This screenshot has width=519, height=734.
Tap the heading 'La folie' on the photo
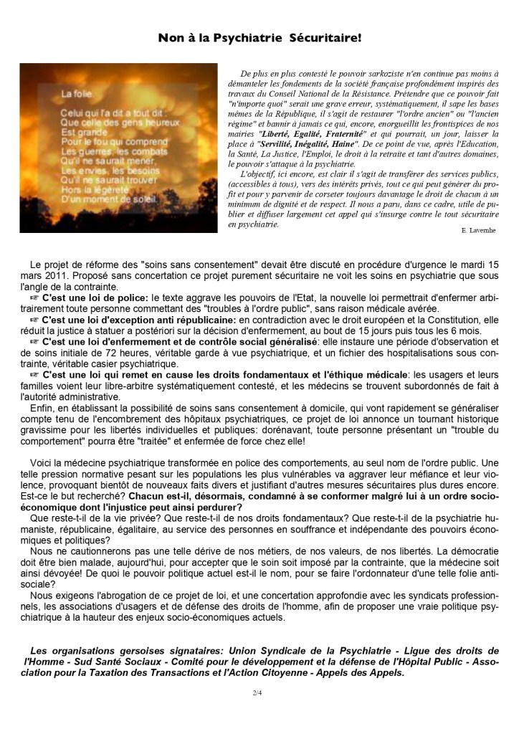[75, 94]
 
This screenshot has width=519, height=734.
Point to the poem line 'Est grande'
[80, 132]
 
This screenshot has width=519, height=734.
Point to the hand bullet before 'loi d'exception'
[35, 320]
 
